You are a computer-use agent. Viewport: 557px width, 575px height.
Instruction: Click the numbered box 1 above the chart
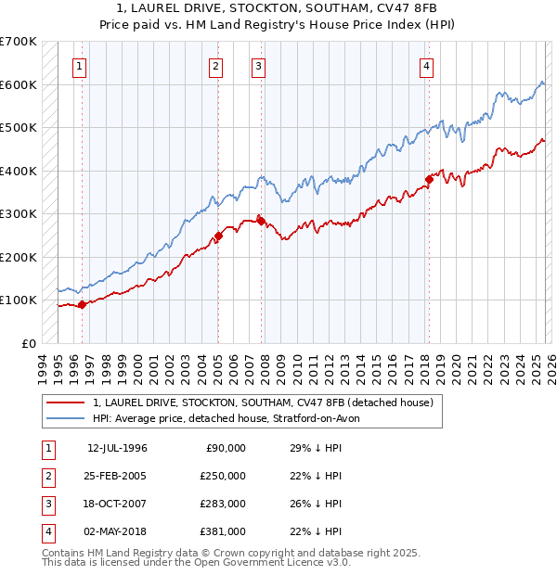click(x=81, y=66)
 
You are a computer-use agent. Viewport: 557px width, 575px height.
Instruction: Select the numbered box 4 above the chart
click(x=426, y=66)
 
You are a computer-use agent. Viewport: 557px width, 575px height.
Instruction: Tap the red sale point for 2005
click(x=219, y=236)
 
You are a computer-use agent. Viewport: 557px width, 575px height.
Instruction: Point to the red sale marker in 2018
click(x=429, y=179)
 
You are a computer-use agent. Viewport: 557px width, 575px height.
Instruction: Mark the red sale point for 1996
click(x=82, y=303)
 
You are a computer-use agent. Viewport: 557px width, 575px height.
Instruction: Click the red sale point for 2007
click(x=262, y=222)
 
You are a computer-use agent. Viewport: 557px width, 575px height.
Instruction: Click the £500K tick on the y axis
click(x=19, y=127)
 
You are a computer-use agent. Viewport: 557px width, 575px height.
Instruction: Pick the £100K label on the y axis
click(x=19, y=300)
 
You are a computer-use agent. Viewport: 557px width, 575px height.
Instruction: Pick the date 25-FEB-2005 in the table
click(x=117, y=476)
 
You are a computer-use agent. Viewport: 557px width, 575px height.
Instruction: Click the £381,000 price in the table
click(x=223, y=531)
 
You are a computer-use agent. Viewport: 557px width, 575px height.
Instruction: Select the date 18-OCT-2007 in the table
click(x=117, y=504)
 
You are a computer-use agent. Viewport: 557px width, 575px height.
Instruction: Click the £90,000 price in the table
click(x=226, y=448)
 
